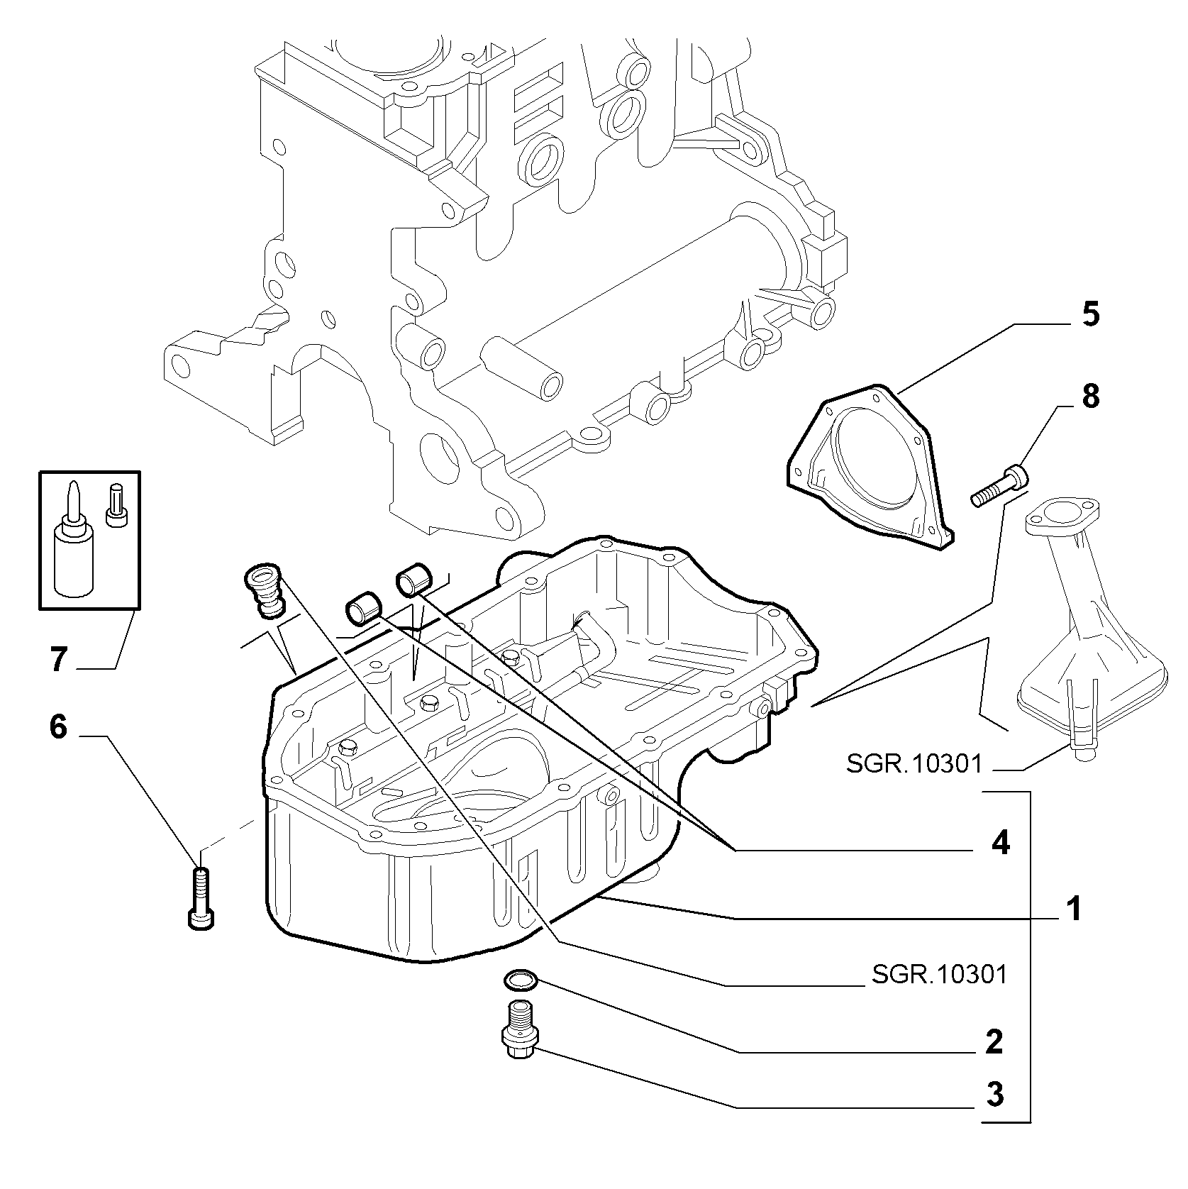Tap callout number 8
pyautogui.click(x=1090, y=397)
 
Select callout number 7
pyautogui.click(x=58, y=659)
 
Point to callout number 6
pyautogui.click(x=58, y=727)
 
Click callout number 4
pyautogui.click(x=1000, y=843)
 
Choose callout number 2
pyautogui.click(x=994, y=1041)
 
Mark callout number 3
pyautogui.click(x=995, y=1095)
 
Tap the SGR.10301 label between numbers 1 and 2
pyautogui.click(x=939, y=974)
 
